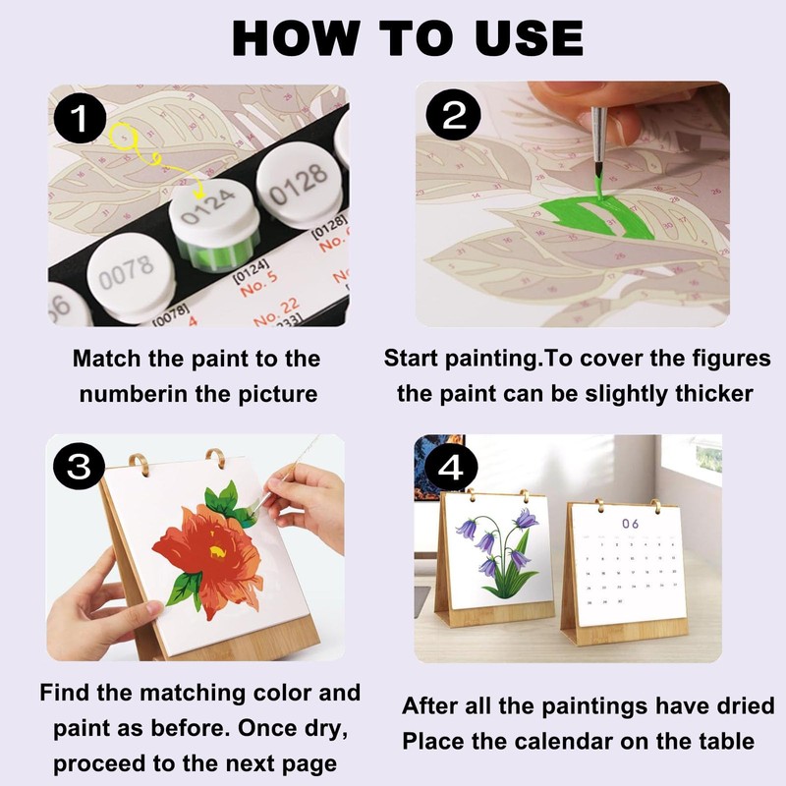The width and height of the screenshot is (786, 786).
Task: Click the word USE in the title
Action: point(530,38)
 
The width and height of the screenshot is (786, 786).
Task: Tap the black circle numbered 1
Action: point(80,119)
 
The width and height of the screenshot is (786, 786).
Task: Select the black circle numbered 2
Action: point(453,115)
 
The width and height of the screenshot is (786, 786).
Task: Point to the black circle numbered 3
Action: point(79,468)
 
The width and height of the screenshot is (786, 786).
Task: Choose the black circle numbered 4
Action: point(451,469)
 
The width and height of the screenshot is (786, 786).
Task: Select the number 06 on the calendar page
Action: point(630,524)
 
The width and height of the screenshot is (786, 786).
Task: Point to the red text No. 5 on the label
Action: point(258,285)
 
